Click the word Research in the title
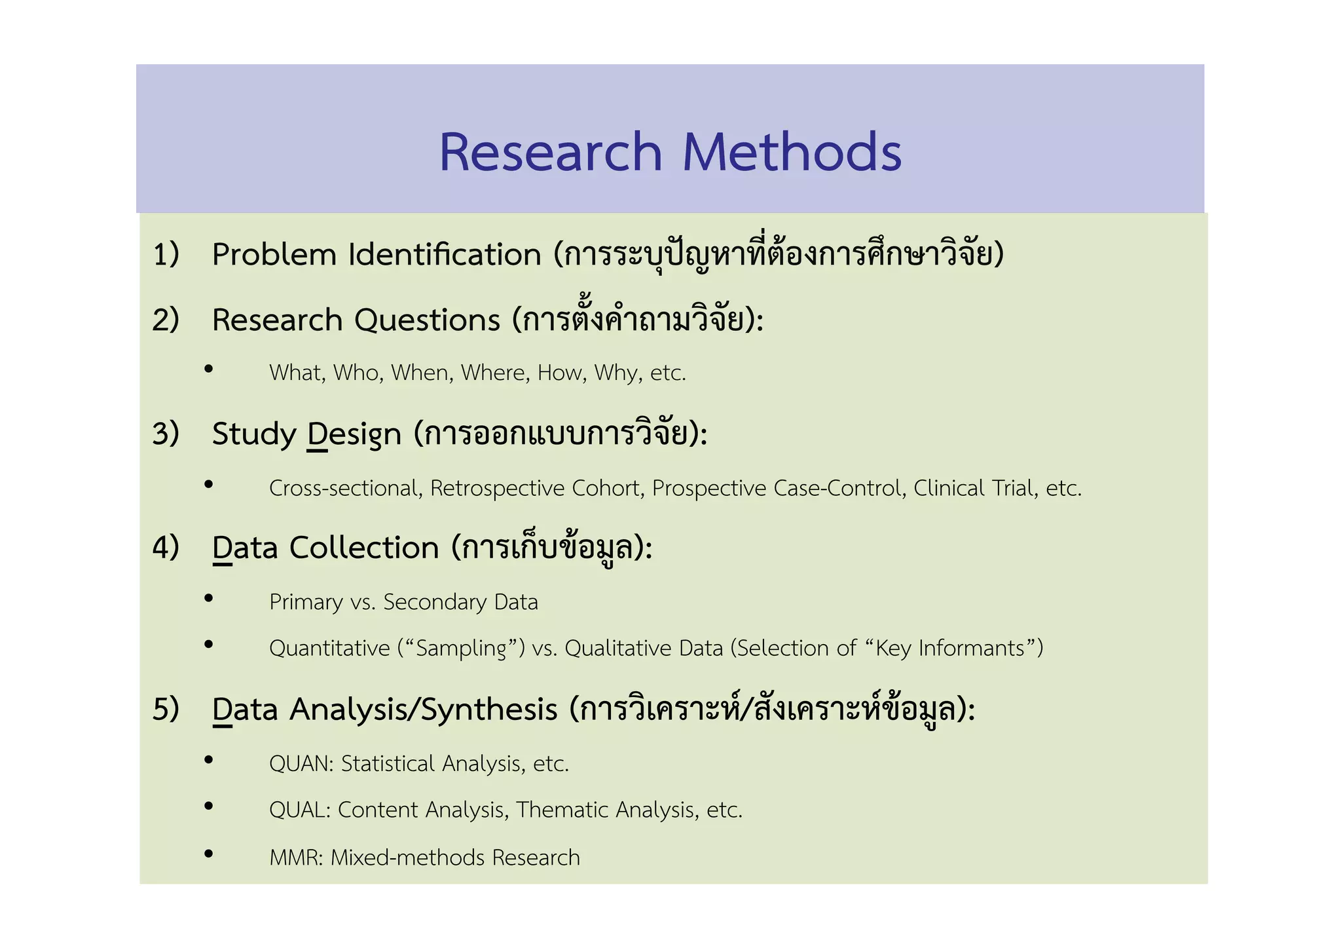(x=550, y=152)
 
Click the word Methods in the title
(x=792, y=152)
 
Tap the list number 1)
(x=166, y=254)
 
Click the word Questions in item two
(x=427, y=320)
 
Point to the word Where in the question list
(x=495, y=373)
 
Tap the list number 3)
(x=166, y=434)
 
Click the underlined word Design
(x=354, y=434)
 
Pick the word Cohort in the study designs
(x=606, y=488)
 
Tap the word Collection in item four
(x=364, y=548)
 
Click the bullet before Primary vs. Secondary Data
(x=209, y=597)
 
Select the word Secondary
(x=435, y=602)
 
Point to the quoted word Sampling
(x=461, y=648)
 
